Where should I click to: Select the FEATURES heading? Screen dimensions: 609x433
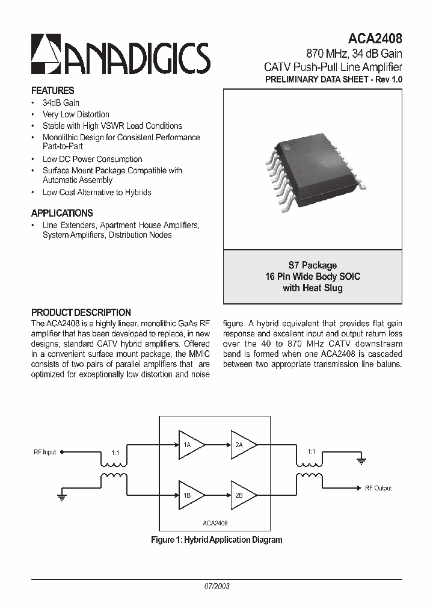tap(52, 91)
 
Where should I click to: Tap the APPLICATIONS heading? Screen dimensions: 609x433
tap(62, 213)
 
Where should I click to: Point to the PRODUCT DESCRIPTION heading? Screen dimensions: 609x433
tap(81, 312)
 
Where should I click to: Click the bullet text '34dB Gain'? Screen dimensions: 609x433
tap(61, 103)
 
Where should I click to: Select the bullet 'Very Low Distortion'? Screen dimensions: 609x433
tap(76, 114)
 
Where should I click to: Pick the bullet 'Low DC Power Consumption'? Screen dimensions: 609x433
tap(92, 159)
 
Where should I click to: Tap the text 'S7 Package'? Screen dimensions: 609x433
tap(312, 265)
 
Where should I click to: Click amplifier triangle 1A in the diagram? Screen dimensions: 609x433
tap(191, 445)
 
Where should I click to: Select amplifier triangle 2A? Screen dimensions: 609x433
tap(243, 445)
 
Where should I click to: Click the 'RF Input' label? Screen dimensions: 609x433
tap(45, 452)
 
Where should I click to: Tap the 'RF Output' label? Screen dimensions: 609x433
tap(378, 488)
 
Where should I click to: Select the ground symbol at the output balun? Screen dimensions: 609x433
tap(361, 462)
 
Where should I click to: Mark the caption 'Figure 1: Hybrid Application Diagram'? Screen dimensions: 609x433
tap(216, 540)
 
